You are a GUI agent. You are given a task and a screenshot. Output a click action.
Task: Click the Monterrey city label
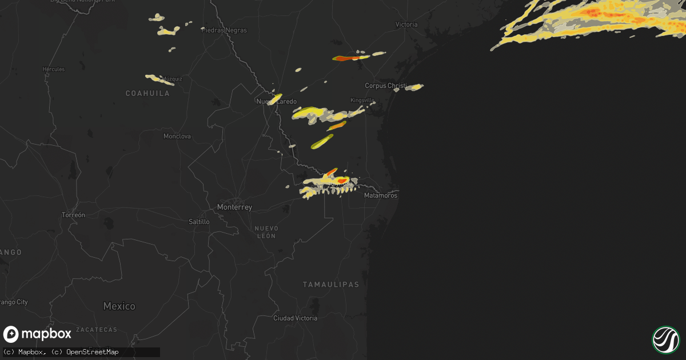click(234, 207)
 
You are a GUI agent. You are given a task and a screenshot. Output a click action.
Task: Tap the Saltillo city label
click(199, 221)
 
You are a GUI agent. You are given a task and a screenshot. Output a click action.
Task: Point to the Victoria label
click(406, 25)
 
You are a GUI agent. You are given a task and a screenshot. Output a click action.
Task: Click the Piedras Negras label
click(224, 30)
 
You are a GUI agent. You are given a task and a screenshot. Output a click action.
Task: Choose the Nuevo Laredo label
click(277, 102)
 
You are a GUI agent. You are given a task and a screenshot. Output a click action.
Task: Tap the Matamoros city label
click(381, 195)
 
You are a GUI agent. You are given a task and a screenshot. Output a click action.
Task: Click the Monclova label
click(177, 137)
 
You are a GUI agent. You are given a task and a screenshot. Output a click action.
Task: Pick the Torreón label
click(73, 215)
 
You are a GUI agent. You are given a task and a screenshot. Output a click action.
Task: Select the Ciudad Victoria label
click(295, 318)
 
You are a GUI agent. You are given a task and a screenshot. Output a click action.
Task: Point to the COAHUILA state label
click(148, 93)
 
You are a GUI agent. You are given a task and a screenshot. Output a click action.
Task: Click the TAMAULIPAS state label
click(330, 285)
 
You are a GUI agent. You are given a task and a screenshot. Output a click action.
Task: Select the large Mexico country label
click(119, 306)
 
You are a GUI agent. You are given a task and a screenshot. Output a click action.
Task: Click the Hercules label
click(54, 69)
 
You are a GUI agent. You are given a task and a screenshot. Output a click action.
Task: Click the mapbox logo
click(37, 334)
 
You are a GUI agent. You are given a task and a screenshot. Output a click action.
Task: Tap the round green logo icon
click(665, 339)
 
